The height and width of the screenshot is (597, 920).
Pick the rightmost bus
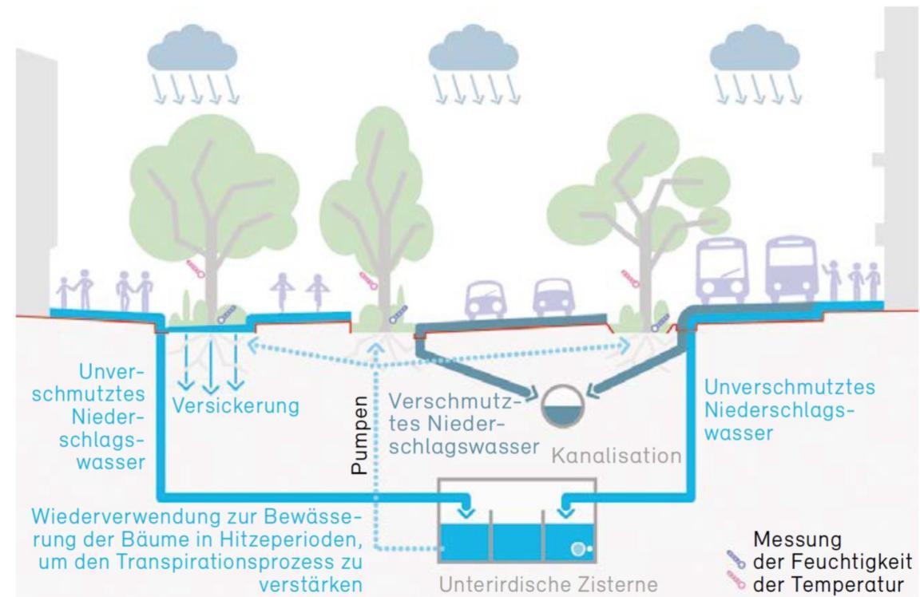790,269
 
